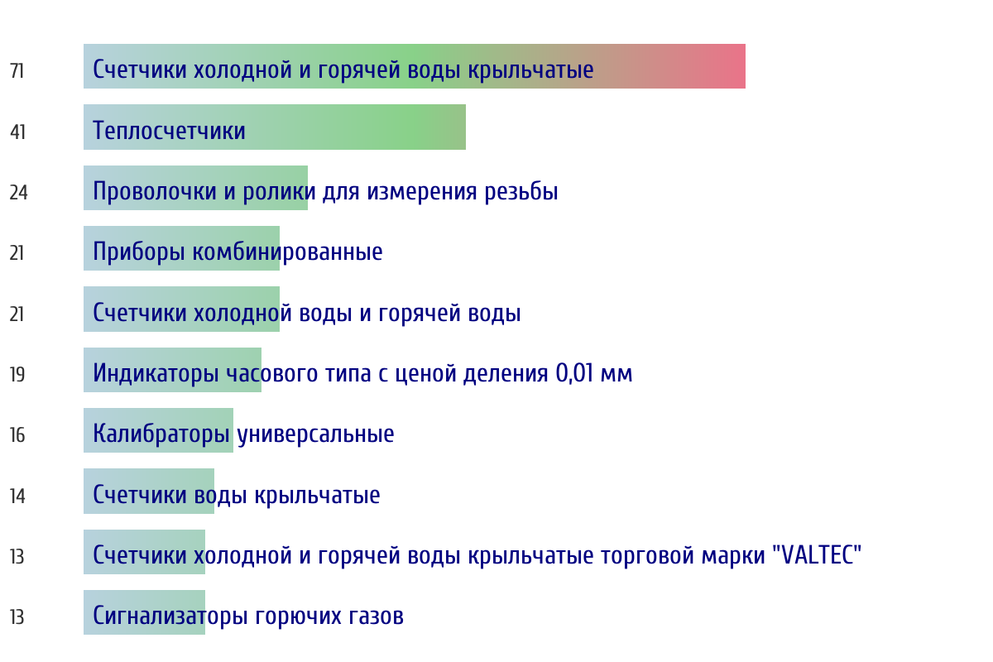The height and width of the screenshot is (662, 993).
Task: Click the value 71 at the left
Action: [17, 71]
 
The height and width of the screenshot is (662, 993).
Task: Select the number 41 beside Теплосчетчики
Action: [17, 132]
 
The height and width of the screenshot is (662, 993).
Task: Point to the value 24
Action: [18, 193]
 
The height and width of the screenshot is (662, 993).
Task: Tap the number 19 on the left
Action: [17, 375]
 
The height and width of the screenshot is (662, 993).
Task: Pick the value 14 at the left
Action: [17, 496]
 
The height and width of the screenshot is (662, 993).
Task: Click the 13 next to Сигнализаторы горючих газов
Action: [17, 617]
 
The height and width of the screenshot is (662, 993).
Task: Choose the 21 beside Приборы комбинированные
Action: [17, 253]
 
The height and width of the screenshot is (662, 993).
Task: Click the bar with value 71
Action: [415, 66]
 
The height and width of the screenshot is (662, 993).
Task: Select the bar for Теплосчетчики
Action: [275, 127]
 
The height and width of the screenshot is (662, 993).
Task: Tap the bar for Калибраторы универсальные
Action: [158, 430]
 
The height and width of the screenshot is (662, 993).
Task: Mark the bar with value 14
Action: [149, 491]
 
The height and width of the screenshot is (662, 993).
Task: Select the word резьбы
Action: [520, 191]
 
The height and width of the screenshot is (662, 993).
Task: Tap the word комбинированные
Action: [287, 252]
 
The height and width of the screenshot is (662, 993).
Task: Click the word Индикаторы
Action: [156, 373]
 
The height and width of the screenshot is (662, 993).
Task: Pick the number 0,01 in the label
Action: [574, 373]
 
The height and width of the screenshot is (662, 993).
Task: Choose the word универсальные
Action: [315, 434]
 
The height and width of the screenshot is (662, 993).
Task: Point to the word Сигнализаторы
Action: [170, 616]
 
